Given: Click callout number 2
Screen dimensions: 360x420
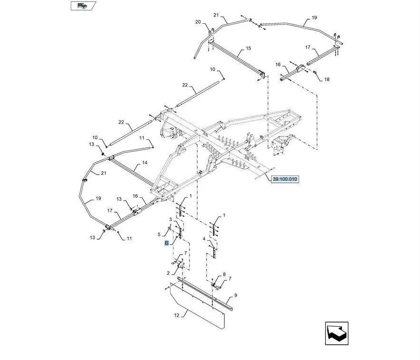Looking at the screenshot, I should (x=168, y=273).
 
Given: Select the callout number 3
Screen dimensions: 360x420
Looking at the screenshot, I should (x=171, y=218).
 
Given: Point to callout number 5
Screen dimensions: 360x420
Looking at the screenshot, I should (x=159, y=234).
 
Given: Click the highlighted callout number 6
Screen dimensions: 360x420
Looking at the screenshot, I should (x=167, y=243).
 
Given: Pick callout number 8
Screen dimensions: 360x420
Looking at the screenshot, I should (x=224, y=274).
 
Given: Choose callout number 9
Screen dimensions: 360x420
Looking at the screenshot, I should (x=235, y=295).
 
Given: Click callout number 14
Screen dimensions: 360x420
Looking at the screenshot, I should (x=144, y=163).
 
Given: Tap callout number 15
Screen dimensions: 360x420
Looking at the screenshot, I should (x=248, y=49).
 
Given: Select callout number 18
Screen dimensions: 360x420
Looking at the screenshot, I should (x=326, y=79).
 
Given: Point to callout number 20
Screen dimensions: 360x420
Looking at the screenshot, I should (x=198, y=22).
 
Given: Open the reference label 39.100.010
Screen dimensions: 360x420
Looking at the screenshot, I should (x=285, y=179).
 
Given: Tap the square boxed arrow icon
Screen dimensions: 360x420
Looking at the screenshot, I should (x=337, y=333).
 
